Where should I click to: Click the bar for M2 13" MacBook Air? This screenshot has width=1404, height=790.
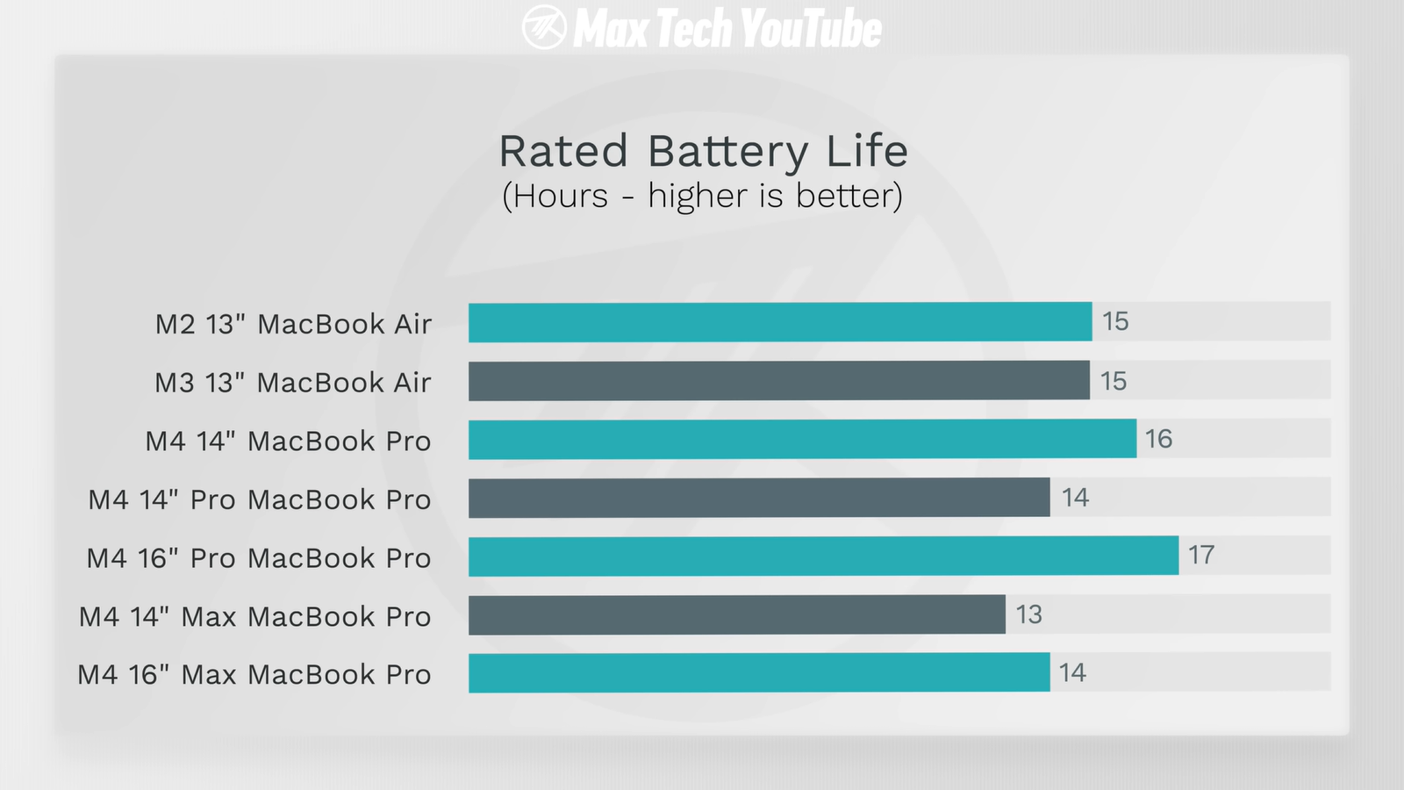click(779, 322)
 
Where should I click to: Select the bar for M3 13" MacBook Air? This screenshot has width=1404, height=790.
click(778, 381)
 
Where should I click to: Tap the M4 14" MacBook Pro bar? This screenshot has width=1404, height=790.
click(802, 439)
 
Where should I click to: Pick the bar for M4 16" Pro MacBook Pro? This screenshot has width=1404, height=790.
click(823, 556)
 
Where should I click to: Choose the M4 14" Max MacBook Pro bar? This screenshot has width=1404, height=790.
click(736, 614)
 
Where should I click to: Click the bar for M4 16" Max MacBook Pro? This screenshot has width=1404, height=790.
click(759, 672)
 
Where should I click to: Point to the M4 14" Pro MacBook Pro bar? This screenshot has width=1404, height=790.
click(759, 498)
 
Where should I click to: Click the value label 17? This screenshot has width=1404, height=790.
click(1201, 555)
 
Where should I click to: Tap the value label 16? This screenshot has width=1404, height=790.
click(1158, 439)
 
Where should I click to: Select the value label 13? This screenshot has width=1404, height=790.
click(1028, 614)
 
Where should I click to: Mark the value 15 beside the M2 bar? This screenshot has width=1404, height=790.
click(1115, 321)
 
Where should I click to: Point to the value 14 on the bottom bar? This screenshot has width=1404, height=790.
click(1072, 672)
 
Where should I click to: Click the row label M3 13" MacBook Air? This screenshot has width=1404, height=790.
click(293, 383)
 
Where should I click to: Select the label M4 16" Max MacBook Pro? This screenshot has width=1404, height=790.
click(254, 675)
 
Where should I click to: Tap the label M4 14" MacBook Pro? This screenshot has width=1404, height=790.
click(288, 441)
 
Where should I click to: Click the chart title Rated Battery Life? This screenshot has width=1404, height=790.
click(703, 151)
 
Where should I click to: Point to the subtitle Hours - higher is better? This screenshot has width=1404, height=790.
click(702, 196)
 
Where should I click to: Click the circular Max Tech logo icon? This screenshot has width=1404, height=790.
click(544, 27)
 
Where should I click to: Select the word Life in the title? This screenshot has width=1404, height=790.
click(867, 151)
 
